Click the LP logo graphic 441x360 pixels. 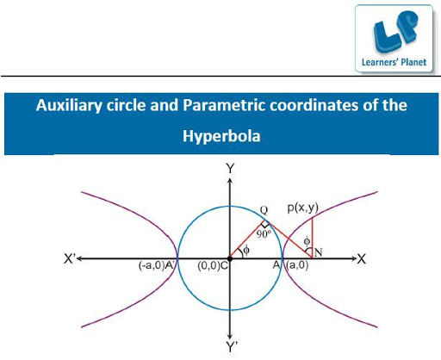(394, 31)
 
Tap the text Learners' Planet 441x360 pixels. (394, 62)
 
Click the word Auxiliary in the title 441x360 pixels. (69, 105)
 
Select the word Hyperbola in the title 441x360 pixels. (221, 136)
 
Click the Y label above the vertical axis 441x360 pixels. (230, 169)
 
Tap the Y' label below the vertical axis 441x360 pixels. (232, 347)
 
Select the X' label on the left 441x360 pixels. (70, 259)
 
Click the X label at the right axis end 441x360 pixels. (362, 259)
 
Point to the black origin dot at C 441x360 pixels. (230, 258)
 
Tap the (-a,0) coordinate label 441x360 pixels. (151, 265)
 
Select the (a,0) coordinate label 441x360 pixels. (297, 264)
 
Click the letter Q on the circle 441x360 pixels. (264, 210)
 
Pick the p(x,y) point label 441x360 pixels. (303, 208)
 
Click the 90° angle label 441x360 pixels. (264, 234)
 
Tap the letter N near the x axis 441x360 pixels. (318, 252)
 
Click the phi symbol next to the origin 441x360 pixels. (246, 251)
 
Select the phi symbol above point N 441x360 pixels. (307, 241)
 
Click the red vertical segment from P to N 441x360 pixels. (312, 238)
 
